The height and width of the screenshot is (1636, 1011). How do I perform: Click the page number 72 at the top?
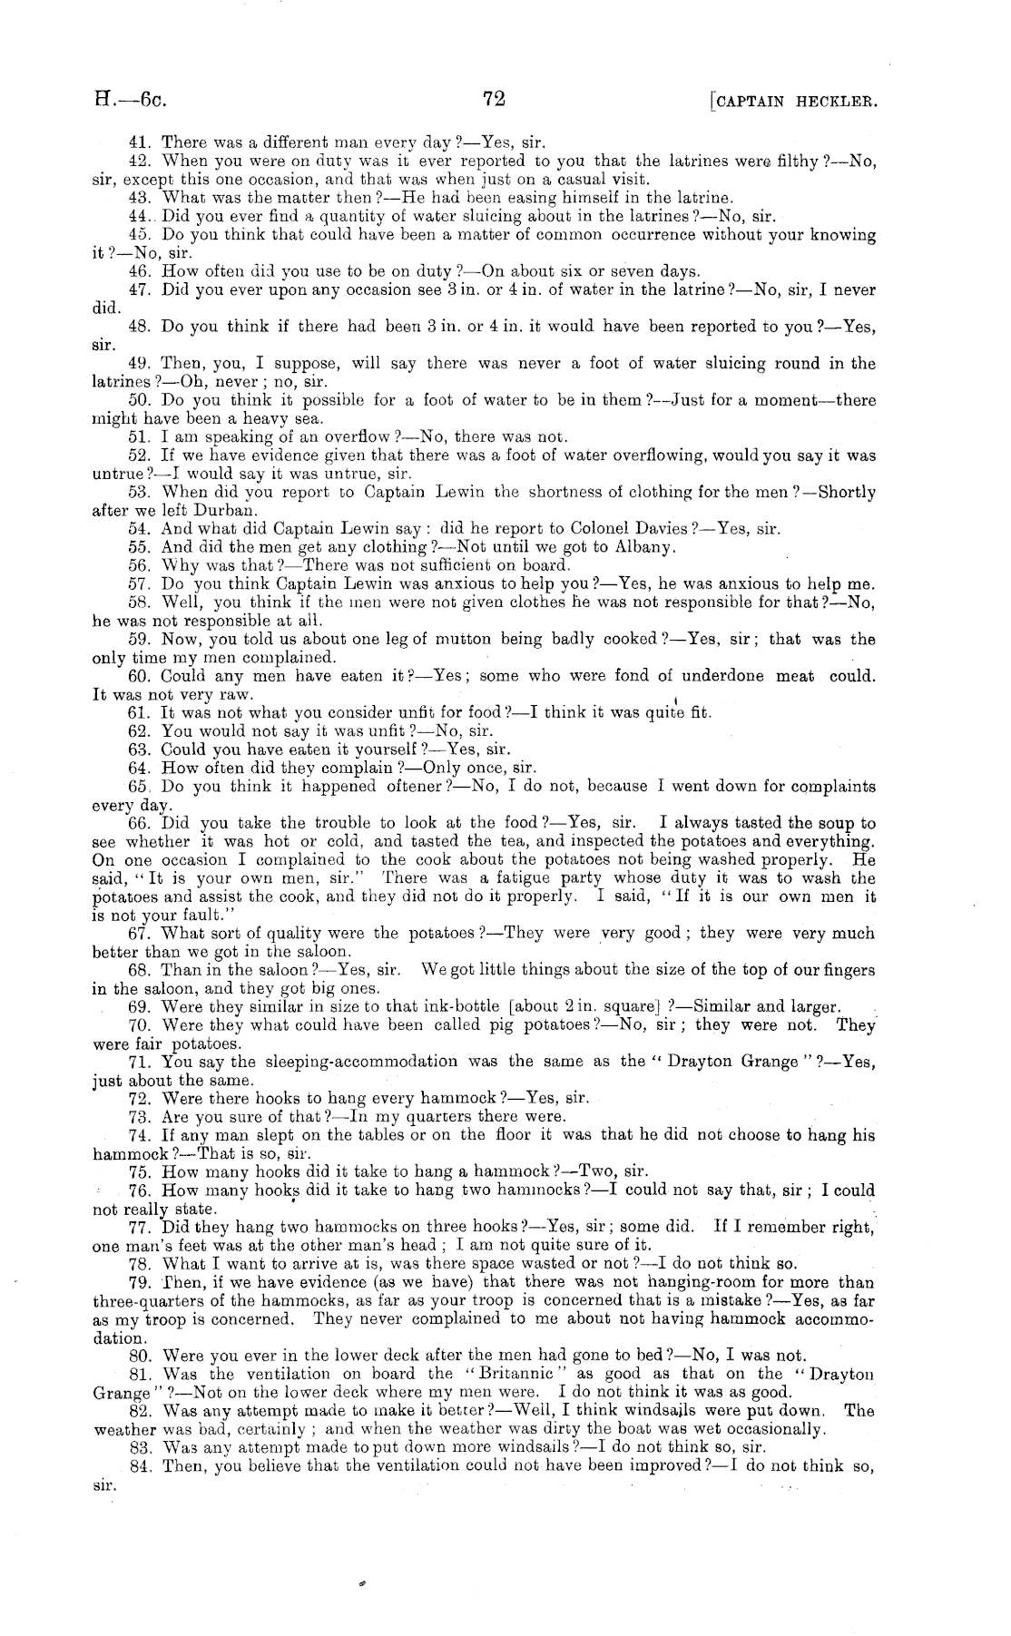coord(495,100)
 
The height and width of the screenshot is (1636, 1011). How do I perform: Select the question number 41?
coord(140,142)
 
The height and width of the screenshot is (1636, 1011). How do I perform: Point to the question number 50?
coord(140,401)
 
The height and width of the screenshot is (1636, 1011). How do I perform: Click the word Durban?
coord(214,510)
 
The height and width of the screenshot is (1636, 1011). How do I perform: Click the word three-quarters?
coord(142,1301)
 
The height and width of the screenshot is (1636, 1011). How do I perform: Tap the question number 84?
coord(140,1466)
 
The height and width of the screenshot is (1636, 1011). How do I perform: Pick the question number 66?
coord(140,824)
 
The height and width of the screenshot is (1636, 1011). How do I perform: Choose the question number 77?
coord(140,1228)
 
